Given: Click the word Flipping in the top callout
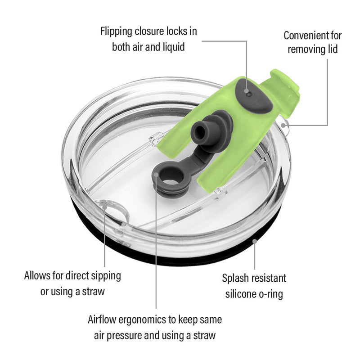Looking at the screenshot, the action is point(116,32).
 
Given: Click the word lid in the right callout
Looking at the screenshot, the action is point(332,49).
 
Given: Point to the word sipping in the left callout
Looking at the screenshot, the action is point(106,276).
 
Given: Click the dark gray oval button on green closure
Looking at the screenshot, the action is point(254,96).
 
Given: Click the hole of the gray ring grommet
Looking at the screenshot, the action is point(172,178).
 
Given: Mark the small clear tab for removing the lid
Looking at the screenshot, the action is point(285,126).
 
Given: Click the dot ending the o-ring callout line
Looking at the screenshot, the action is point(254,241).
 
